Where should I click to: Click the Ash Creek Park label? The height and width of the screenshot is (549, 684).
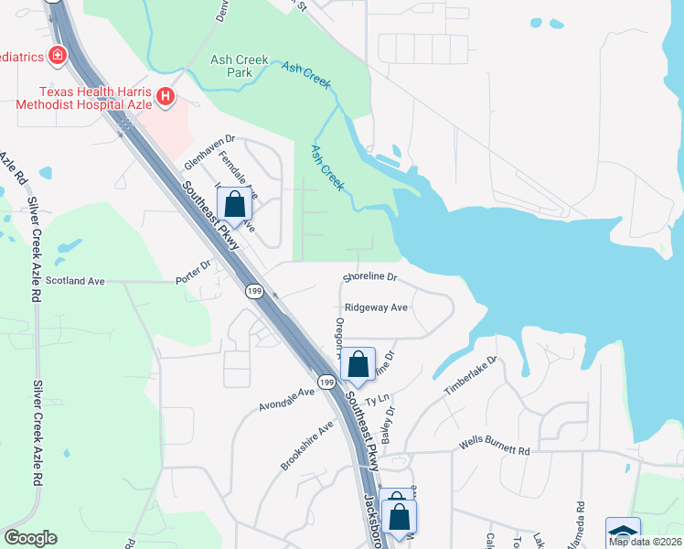tap(240, 65)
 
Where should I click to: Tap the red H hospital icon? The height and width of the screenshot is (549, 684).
tap(166, 97)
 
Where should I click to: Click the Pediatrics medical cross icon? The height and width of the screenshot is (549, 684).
tap(57, 56)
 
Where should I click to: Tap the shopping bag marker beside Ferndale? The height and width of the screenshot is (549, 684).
tap(234, 204)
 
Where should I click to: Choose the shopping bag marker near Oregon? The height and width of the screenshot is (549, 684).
tap(358, 365)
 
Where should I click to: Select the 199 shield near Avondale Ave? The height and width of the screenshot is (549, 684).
tap(326, 380)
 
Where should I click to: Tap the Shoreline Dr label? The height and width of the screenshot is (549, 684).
tap(370, 276)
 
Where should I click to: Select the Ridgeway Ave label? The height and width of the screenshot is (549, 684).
tap(376, 308)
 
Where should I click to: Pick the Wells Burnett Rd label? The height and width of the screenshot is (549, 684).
tap(495, 450)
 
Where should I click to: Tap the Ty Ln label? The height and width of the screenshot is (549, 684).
tap(378, 401)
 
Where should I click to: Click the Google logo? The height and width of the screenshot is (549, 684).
tap(29, 538)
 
